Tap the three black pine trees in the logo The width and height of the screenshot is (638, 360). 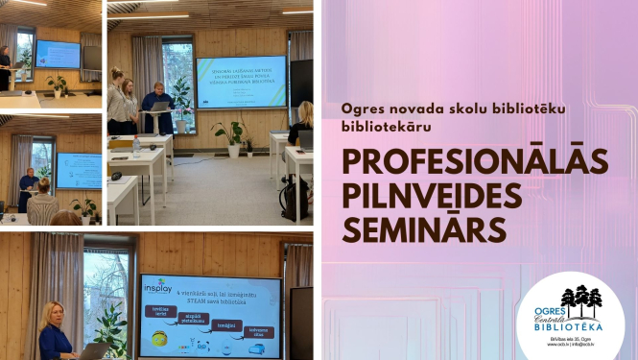(580, 300)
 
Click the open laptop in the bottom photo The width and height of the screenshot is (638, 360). (94, 350)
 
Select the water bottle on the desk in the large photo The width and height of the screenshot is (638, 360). (136, 146)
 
